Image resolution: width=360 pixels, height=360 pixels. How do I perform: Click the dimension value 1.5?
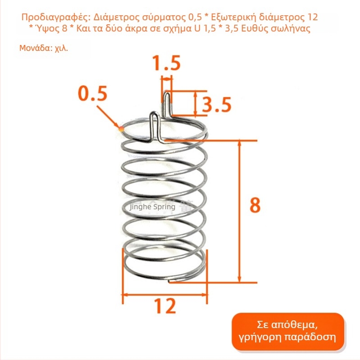(x=167, y=63)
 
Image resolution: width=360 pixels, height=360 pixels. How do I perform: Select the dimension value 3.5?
(x=216, y=105)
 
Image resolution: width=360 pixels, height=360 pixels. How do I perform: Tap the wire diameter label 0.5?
(x=92, y=94)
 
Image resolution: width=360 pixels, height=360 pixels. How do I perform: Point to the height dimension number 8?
(x=255, y=205)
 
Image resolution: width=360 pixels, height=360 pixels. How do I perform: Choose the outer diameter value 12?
(x=165, y=306)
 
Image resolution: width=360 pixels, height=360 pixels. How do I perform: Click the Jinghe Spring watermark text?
(x=152, y=207)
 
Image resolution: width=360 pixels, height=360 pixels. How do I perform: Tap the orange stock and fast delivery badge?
(x=287, y=332)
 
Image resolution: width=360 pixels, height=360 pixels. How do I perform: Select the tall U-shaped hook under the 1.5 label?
(x=167, y=104)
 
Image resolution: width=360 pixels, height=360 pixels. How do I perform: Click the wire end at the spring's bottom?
(x=169, y=281)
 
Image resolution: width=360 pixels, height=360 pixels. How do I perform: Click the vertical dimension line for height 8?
(x=239, y=211)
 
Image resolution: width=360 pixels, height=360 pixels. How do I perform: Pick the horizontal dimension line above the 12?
(x=165, y=295)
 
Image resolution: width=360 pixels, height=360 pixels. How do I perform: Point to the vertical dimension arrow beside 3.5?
(x=196, y=103)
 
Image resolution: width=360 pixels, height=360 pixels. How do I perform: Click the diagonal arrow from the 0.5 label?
(x=108, y=117)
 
